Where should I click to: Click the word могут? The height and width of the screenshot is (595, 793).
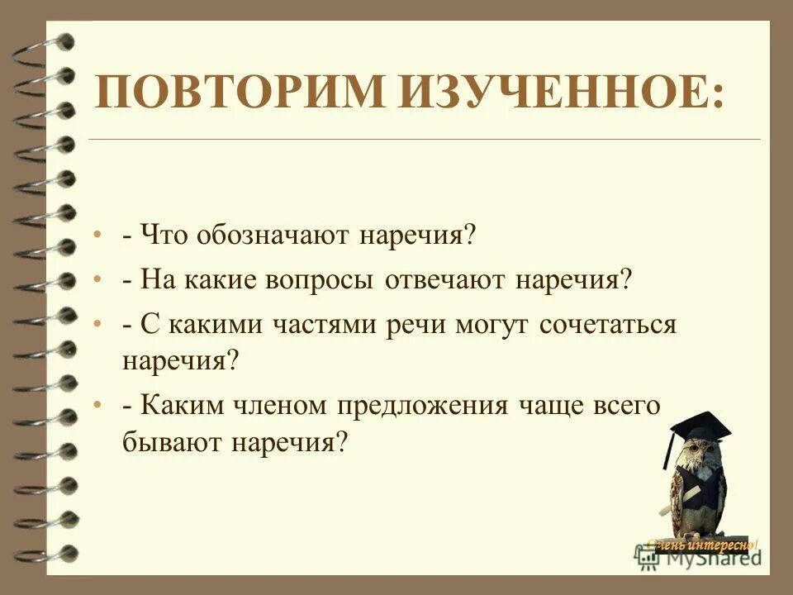click(x=492, y=324)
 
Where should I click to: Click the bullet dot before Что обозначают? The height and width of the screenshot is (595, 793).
click(x=97, y=236)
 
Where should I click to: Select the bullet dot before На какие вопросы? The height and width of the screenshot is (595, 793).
click(x=97, y=281)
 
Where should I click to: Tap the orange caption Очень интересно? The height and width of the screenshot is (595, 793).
click(x=702, y=544)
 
